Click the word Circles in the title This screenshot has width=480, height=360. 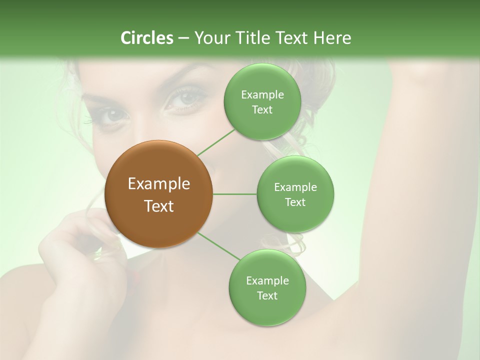tap(146, 38)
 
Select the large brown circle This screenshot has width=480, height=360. tap(159, 194)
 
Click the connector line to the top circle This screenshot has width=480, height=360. tap(216, 142)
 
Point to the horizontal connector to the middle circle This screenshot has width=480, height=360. tap(234, 194)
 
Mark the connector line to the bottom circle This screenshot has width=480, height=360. tap(219, 246)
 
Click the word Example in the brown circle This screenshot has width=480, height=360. tap(159, 184)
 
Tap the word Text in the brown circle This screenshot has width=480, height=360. tap(159, 206)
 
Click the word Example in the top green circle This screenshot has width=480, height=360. tap(262, 95)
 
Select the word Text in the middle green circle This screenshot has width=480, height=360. tap(295, 202)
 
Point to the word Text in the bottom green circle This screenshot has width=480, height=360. tap(267, 295)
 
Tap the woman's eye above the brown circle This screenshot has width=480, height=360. tap(112, 116)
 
